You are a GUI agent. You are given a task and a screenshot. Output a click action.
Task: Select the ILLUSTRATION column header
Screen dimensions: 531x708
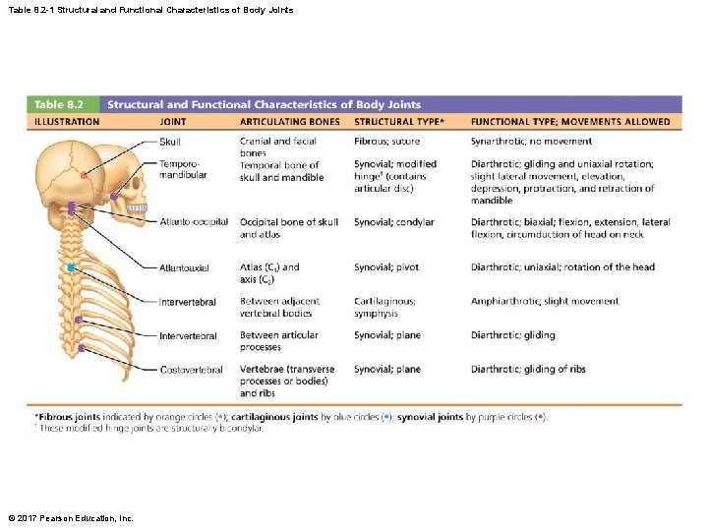pos(67,122)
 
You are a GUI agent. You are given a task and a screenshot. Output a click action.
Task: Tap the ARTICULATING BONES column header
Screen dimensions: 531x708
pos(290,122)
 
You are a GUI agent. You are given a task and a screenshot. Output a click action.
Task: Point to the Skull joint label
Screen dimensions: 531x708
pos(169,142)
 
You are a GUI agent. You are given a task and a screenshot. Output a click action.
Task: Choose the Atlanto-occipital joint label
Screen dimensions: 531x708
pos(193,222)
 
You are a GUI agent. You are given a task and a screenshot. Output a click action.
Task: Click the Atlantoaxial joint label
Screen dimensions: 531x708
pos(184,267)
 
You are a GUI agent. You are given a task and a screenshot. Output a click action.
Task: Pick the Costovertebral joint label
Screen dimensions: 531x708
pos(191,370)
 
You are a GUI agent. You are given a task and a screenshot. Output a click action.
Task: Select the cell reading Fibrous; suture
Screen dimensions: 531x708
pos(386,142)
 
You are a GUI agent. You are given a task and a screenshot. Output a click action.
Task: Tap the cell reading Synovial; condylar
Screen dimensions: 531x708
pos(393,222)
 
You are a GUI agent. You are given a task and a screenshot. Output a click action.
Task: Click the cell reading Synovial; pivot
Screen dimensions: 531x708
pos(386,267)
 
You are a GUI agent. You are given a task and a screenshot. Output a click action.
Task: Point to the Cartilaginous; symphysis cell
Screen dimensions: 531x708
pos(384,307)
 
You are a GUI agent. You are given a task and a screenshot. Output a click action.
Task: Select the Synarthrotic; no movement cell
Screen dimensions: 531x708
pos(531,142)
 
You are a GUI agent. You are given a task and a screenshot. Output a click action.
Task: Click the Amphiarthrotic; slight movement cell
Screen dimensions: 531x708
pos(545,302)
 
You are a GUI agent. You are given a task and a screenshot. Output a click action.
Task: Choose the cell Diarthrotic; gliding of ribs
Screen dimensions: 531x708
pos(528,370)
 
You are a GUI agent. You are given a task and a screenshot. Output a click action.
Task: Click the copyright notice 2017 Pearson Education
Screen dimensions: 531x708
pos(71,518)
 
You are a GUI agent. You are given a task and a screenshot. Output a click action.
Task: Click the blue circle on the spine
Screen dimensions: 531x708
pos(71,267)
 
